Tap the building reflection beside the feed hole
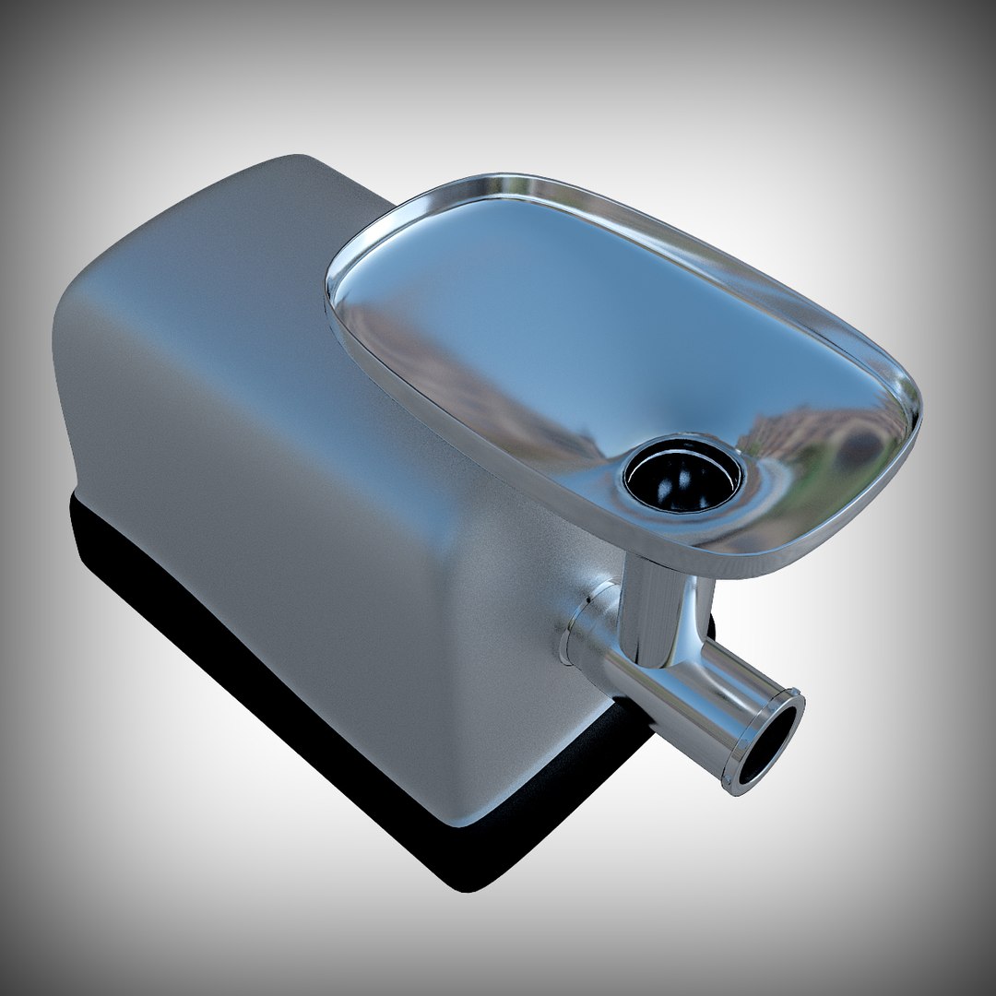(x=812, y=443)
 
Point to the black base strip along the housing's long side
(x=231, y=627)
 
